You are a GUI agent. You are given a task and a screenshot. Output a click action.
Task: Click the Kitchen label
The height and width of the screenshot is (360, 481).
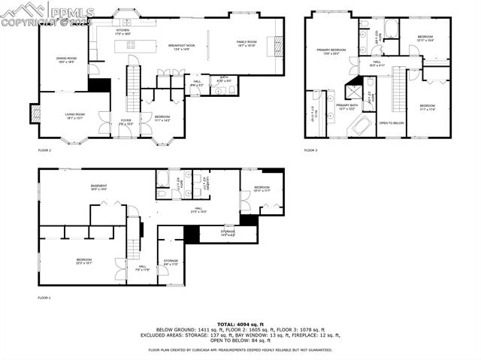click(x=123, y=32)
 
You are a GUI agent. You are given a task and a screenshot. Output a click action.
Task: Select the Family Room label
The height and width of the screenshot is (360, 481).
click(x=247, y=44)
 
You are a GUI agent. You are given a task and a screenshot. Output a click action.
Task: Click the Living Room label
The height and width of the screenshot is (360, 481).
click(x=74, y=116)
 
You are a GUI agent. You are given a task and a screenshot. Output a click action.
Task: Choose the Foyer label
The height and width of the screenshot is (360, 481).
click(x=126, y=121)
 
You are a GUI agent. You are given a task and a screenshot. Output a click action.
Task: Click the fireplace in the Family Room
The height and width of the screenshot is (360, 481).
click(x=279, y=46)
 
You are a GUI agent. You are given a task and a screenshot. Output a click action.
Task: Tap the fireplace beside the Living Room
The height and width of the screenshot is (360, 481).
click(x=35, y=113)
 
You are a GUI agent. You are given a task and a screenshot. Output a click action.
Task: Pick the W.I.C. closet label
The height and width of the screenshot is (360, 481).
click(x=313, y=113)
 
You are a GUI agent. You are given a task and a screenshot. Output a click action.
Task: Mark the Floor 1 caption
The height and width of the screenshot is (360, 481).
click(x=44, y=298)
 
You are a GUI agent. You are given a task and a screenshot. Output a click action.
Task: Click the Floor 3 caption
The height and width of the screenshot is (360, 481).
click(x=310, y=150)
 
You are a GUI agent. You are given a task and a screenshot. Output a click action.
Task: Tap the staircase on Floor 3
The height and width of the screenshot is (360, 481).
click(x=398, y=88)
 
